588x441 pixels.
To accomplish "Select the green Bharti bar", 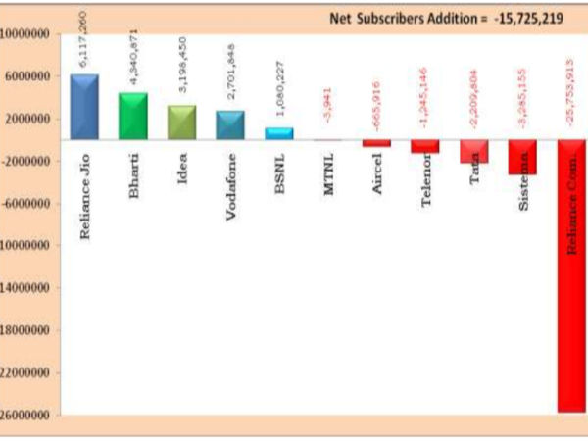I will tap(132, 116).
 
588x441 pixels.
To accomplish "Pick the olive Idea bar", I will tap(181, 122).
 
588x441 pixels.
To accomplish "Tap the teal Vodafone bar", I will tap(230, 124).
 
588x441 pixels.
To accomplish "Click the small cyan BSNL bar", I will tap(278, 133).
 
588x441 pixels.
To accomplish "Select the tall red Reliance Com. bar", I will tap(571, 275).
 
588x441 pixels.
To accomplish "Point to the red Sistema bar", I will tap(522, 157).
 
